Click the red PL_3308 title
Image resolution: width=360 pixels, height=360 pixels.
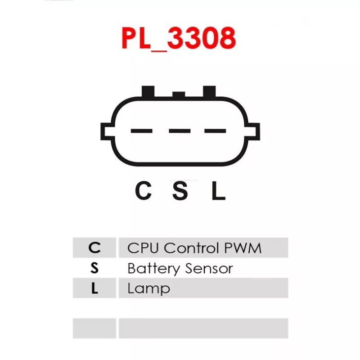(x=178, y=39)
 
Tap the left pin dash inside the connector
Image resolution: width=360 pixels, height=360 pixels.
(x=141, y=131)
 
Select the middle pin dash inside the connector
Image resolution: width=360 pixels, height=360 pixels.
(x=180, y=131)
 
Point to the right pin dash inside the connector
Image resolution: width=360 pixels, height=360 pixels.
(x=215, y=131)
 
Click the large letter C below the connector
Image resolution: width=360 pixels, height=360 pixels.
(x=143, y=190)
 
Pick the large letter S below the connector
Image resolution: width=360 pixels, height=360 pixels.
(x=180, y=190)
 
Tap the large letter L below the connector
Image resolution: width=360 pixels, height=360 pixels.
(x=219, y=190)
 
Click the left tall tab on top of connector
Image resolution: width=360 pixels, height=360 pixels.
(x=148, y=92)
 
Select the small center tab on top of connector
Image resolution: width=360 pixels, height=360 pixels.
(x=179, y=94)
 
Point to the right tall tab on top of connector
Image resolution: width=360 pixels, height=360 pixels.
(x=209, y=92)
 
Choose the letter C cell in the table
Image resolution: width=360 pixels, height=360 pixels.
(x=94, y=247)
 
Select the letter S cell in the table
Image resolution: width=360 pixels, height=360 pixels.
(x=94, y=268)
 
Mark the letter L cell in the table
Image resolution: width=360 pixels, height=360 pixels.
(x=94, y=288)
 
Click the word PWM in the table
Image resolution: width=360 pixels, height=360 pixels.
(x=243, y=248)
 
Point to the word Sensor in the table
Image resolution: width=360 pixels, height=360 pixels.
(x=209, y=268)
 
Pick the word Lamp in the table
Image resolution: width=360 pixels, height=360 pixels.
(x=149, y=289)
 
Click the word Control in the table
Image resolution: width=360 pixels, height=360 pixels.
(x=192, y=248)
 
